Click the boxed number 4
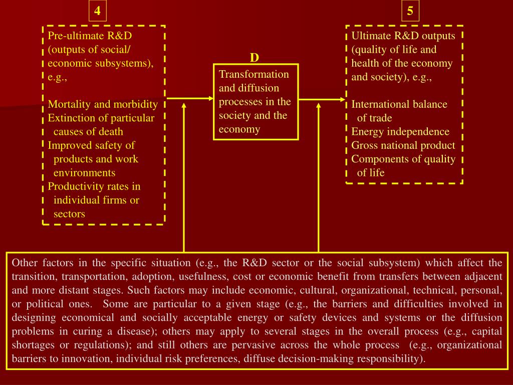click(97, 11)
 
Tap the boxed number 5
click(410, 11)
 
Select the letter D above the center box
click(254, 58)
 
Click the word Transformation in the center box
click(254, 74)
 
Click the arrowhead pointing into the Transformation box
click(210, 98)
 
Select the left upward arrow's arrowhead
click(184, 107)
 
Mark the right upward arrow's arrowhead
click(319, 107)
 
